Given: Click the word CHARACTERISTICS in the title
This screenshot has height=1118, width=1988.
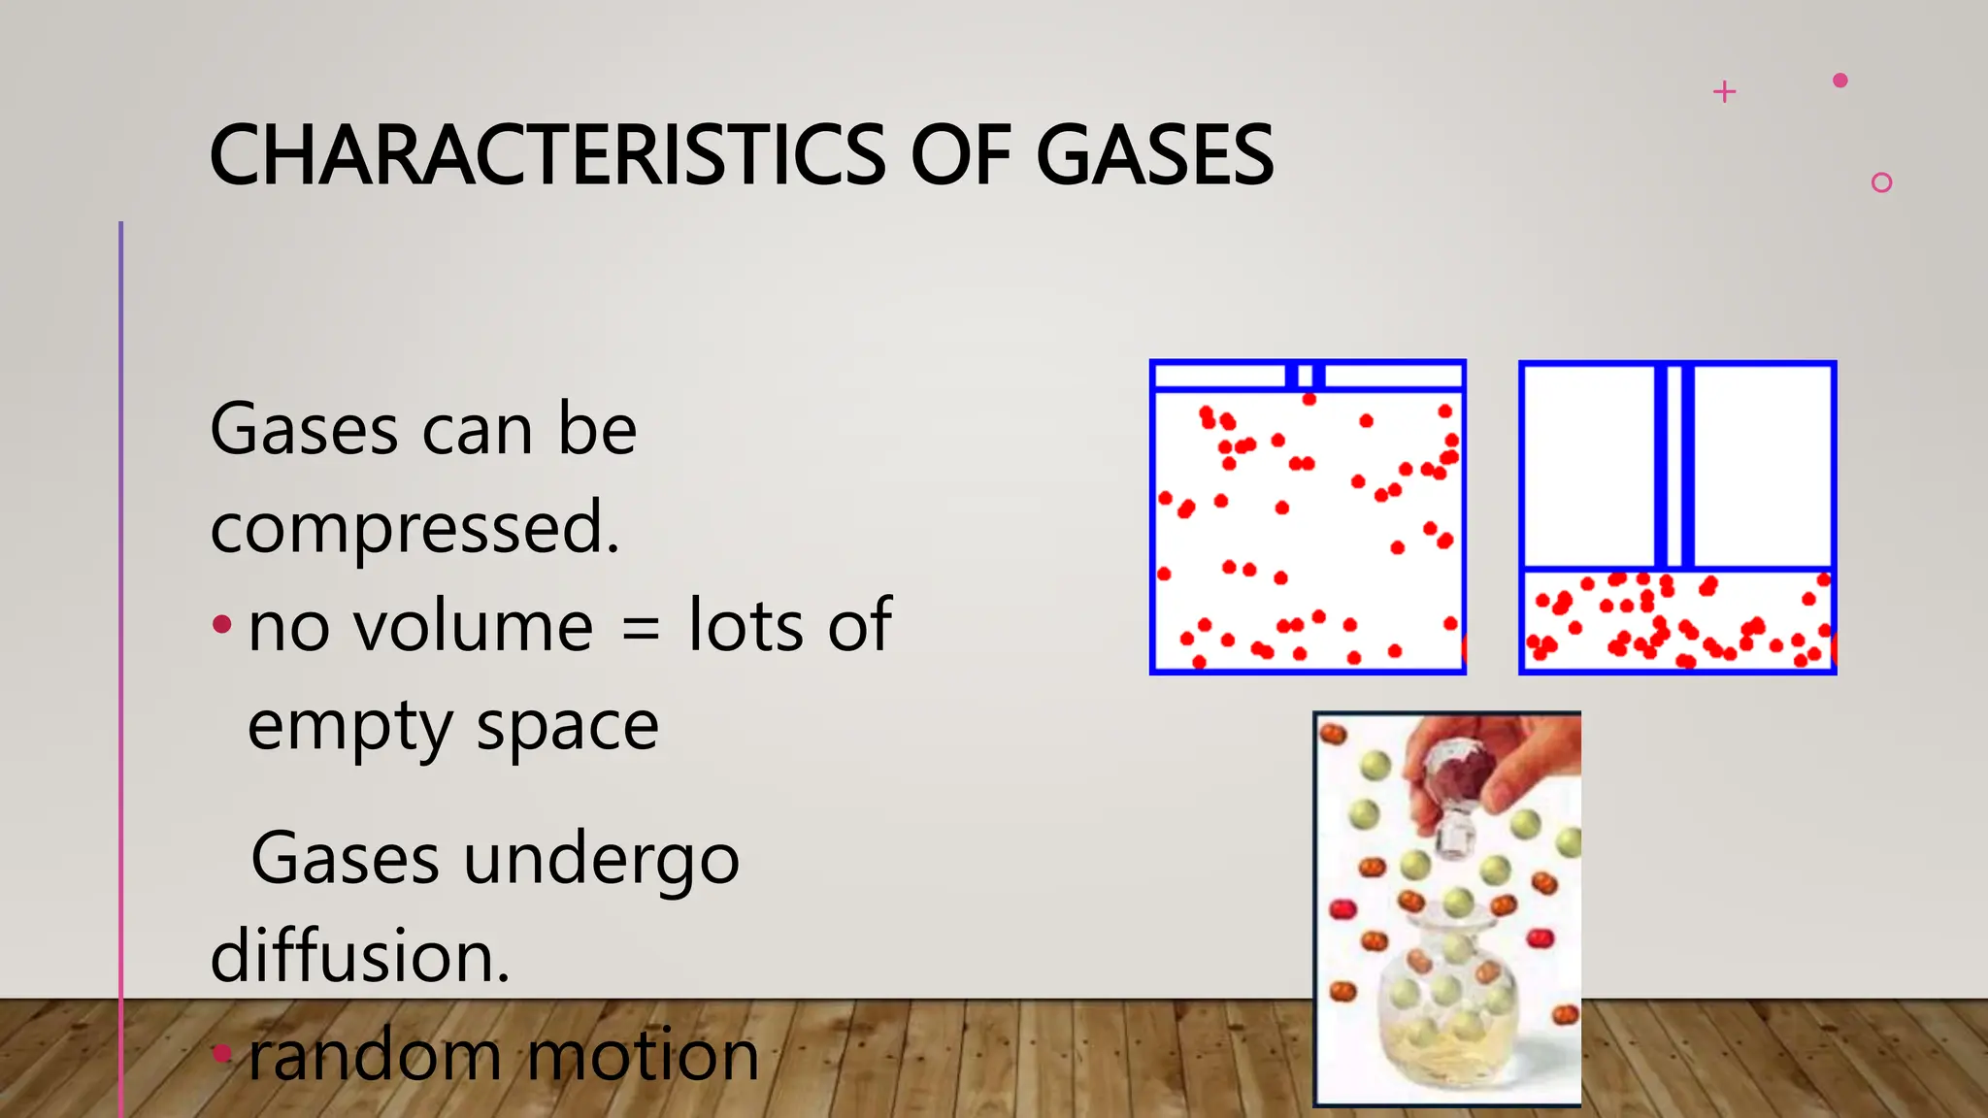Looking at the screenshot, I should click(x=547, y=155).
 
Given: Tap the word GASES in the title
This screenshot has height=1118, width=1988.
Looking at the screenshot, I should click(x=1154, y=155).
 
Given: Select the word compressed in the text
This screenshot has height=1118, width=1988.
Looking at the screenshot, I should click(x=414, y=528).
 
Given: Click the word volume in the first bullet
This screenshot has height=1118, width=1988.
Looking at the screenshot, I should click(x=474, y=626).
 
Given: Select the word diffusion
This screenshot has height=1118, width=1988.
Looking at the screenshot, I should click(x=360, y=957).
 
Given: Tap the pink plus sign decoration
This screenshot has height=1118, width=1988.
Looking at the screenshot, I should click(x=1725, y=92).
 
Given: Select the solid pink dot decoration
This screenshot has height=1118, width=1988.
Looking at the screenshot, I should click(x=1839, y=81).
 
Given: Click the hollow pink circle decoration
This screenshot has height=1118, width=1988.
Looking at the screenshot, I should click(x=1881, y=182).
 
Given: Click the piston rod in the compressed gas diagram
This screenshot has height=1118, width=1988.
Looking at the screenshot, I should click(x=1674, y=466).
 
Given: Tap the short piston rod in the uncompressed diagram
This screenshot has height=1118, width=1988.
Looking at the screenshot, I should click(x=1306, y=376).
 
